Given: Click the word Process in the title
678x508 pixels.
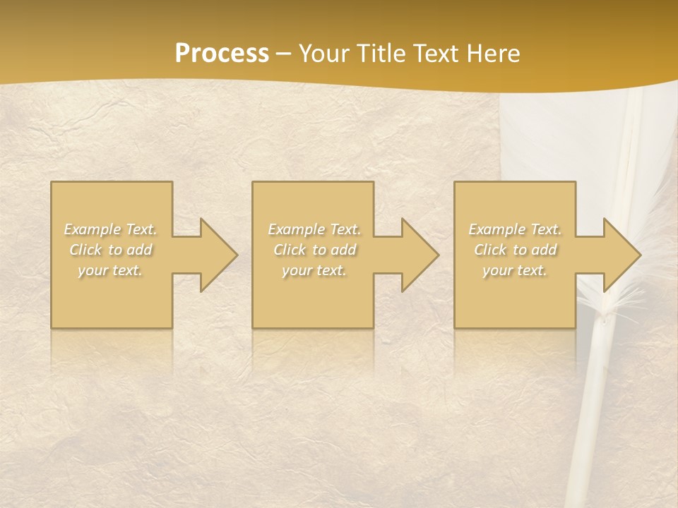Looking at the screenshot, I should (x=222, y=54).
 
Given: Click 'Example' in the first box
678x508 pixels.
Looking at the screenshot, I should (x=92, y=229).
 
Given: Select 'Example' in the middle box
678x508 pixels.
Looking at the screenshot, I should (x=296, y=229).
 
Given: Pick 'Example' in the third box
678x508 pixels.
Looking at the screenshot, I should (x=496, y=229).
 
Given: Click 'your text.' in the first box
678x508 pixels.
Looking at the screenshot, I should (x=110, y=270).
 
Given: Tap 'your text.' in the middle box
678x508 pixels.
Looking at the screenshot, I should (x=314, y=270).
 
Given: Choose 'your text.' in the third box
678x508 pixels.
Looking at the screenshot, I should (x=514, y=270).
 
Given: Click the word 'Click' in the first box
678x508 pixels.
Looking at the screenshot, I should (x=85, y=250).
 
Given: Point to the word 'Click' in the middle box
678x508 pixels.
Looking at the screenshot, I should (x=289, y=250).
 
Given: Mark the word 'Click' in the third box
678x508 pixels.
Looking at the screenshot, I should (x=489, y=250).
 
